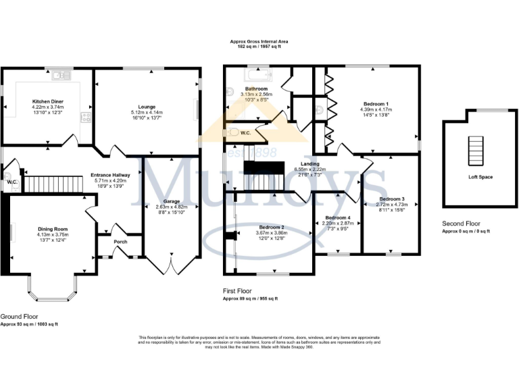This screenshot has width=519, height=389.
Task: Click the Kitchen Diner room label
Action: pyautogui.click(x=47, y=101)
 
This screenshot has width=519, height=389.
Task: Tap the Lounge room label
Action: pyautogui.click(x=147, y=107)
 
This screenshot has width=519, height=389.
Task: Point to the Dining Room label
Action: pyautogui.click(x=53, y=229)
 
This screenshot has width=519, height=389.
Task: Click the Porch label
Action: pyautogui.click(x=121, y=242)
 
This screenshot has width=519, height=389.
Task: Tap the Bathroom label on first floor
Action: pyautogui.click(x=256, y=89)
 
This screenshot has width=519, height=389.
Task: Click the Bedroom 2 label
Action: pyautogui.click(x=270, y=227)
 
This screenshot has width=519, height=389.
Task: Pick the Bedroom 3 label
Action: pyautogui.click(x=392, y=199)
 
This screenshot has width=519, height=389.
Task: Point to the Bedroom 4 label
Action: pyautogui.click(x=337, y=217)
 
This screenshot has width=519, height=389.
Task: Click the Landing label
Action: pyautogui.click(x=311, y=163)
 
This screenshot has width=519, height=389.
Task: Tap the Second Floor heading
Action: pyautogui.click(x=462, y=224)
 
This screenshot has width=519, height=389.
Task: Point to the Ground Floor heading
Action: pyautogui.click(x=19, y=316)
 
